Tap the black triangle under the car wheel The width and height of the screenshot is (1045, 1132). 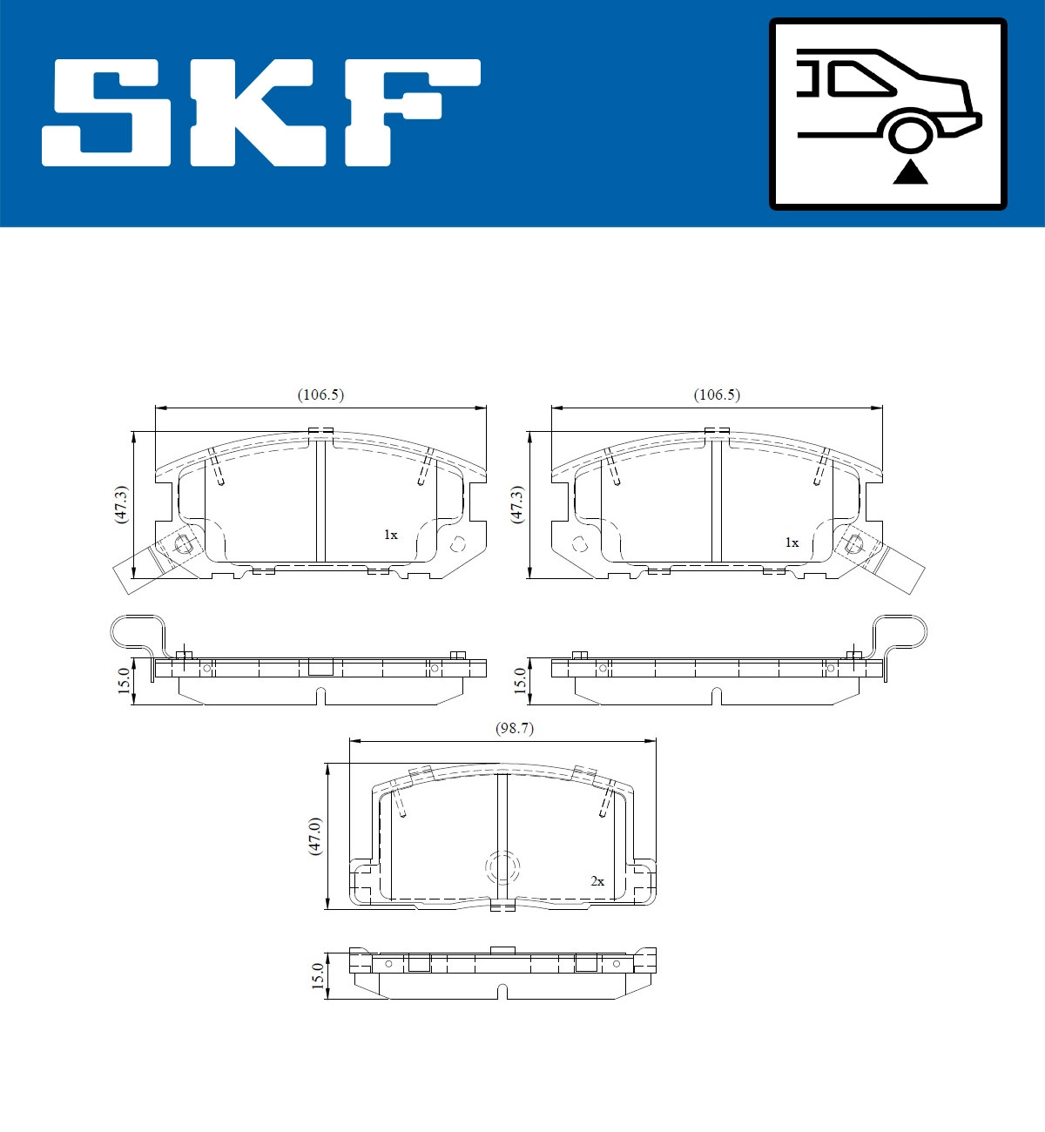click(910, 172)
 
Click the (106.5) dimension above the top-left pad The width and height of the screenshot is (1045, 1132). click(320, 394)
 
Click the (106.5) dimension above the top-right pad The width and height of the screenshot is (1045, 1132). click(717, 394)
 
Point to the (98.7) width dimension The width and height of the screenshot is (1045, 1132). click(514, 729)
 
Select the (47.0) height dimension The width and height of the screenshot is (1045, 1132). click(315, 836)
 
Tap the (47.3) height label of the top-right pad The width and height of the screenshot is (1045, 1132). click(517, 504)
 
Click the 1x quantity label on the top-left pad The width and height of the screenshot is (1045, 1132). click(390, 535)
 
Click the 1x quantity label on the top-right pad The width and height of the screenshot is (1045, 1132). click(791, 542)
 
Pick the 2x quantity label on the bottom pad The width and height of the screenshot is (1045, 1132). click(597, 881)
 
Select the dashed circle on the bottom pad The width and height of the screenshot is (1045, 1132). click(502, 867)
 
